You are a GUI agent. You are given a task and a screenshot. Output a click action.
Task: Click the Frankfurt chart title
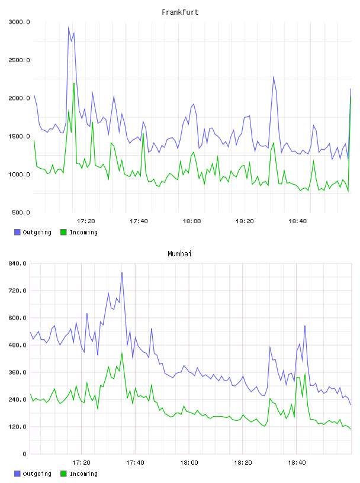180,12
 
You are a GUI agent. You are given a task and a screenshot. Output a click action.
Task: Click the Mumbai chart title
179,253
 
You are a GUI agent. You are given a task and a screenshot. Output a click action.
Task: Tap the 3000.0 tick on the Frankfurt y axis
20,22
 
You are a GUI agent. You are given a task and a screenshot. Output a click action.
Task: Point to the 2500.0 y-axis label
20,60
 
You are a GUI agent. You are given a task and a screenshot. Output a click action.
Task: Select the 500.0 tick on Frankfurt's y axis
21,212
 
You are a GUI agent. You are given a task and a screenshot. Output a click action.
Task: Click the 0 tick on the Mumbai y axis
25,454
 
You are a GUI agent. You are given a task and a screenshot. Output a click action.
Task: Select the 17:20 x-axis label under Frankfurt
86,221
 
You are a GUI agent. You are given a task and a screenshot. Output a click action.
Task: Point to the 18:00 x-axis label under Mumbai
189,462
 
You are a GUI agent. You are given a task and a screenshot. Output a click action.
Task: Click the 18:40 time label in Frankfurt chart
298,221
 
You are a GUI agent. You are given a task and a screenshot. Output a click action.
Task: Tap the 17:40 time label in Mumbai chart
136,462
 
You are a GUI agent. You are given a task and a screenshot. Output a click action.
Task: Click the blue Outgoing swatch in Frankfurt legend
17,232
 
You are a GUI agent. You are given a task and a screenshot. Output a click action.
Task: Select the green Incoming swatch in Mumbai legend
63,474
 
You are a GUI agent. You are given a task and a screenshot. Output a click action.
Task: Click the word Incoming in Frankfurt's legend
83,232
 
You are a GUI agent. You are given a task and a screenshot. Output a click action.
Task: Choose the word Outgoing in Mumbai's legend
37,474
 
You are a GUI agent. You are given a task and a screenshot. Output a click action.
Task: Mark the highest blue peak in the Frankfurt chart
69,27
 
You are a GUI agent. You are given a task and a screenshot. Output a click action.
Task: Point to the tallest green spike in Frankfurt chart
74,83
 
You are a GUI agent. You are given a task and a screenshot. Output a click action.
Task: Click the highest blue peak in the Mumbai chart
122,273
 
